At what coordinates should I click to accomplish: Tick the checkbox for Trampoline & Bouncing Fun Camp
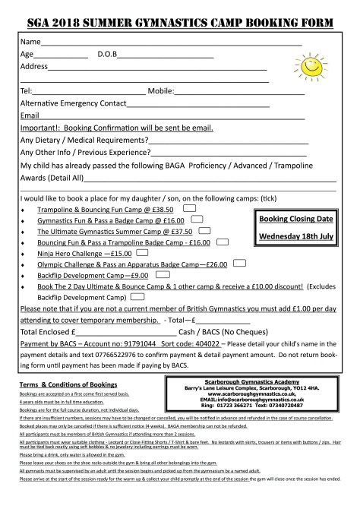[x=190, y=207]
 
